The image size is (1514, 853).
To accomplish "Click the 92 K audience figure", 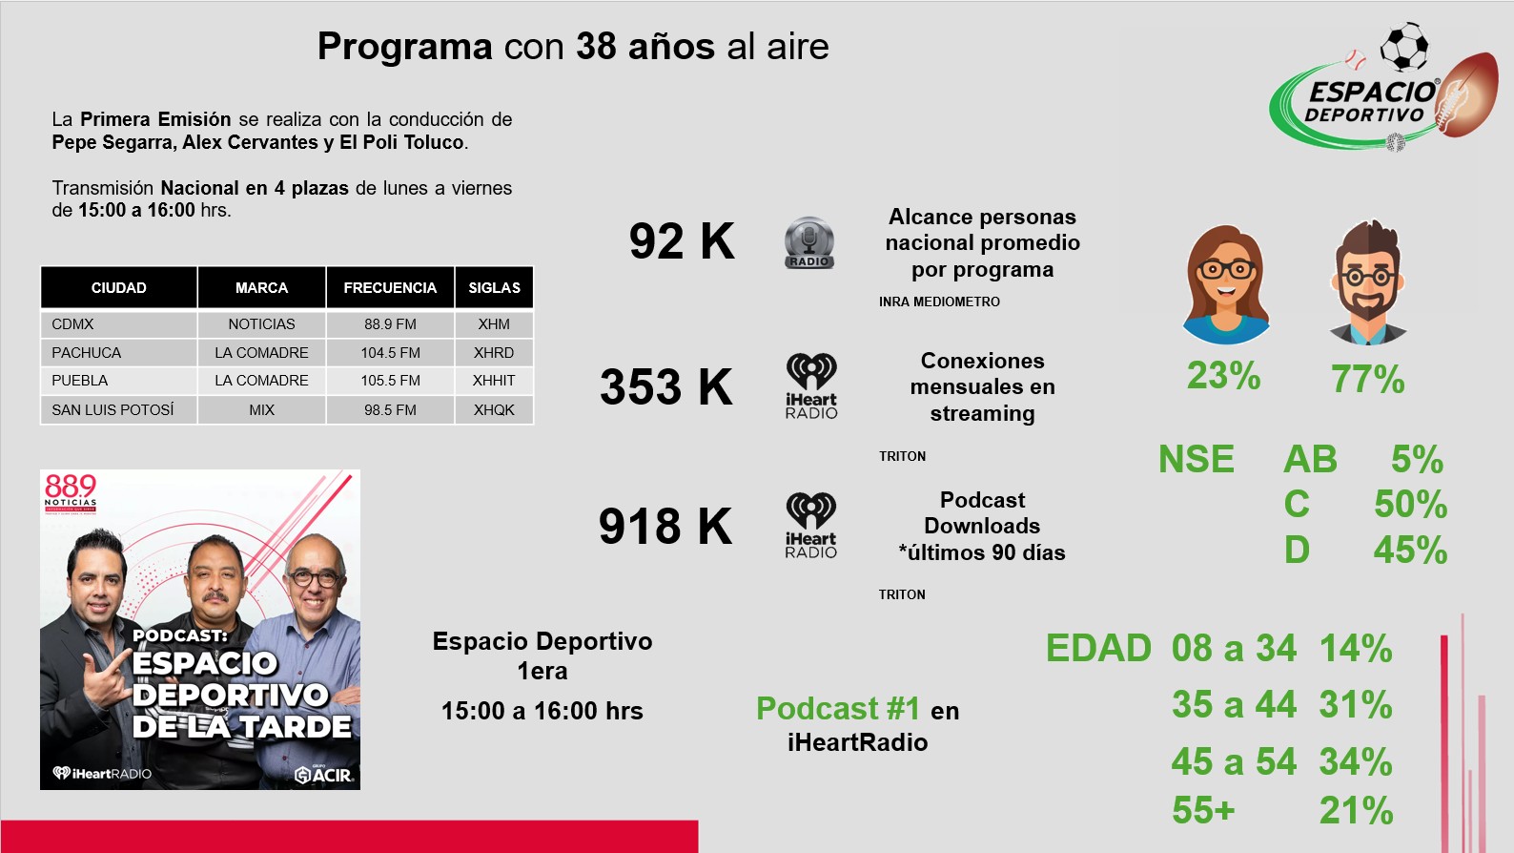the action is [682, 241].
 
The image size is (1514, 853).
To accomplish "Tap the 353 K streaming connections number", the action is [666, 387].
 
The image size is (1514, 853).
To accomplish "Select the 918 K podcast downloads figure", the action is [665, 527].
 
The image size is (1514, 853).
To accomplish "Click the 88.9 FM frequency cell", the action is [390, 324].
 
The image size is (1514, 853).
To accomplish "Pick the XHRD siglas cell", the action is [494, 352].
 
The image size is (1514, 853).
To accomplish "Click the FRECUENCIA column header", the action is [390, 287].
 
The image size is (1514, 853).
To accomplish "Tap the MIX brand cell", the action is [261, 410].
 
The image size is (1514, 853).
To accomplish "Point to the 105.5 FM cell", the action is [390, 380].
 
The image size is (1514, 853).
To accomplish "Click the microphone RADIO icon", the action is [809, 243].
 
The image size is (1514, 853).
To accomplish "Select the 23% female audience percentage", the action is [1224, 375].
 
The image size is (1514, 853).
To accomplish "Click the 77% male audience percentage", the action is [1368, 379].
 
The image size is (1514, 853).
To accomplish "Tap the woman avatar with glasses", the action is [1226, 284].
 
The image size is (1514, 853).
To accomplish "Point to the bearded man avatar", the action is [1368, 282].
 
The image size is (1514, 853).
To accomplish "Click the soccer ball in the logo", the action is [1404, 47].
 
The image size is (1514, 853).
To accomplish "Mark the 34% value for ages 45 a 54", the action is [1356, 761].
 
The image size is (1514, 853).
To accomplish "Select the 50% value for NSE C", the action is [1411, 505].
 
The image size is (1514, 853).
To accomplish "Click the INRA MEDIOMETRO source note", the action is [939, 302].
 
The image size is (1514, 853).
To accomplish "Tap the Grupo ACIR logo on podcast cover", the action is [324, 774].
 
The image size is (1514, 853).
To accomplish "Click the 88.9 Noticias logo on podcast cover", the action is [71, 494].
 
